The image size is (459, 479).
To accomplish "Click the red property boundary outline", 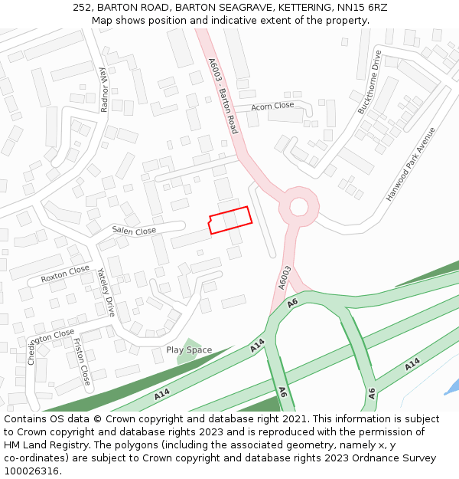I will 230,220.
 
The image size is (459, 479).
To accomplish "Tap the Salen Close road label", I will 134,230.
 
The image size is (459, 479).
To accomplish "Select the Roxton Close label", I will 65,273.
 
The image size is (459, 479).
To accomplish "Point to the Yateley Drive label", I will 105,292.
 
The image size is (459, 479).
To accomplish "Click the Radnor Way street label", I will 105,90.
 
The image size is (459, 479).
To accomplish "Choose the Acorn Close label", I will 272,106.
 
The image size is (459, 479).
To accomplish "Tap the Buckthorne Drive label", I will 369,83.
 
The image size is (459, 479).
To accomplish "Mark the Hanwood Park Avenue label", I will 410,164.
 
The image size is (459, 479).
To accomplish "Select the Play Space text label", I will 189,350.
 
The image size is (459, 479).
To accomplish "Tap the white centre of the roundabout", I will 298,206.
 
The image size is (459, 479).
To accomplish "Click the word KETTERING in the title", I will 304,7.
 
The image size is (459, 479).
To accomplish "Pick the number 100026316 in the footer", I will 31,471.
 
